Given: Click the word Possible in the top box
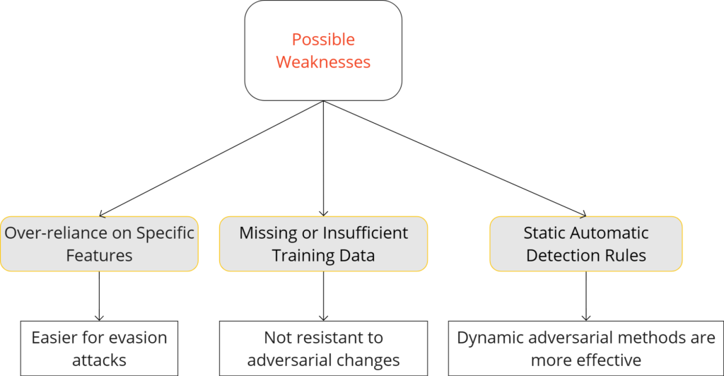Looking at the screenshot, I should (323, 40).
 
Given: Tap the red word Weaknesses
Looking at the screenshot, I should (323, 62).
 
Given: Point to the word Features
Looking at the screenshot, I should (99, 255).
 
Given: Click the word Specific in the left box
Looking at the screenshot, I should (165, 233).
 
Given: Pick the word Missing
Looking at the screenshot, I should (267, 233).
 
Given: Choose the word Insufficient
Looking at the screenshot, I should (365, 233).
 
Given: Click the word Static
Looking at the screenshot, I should (546, 233).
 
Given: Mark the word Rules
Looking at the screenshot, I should (624, 255).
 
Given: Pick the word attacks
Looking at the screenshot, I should (99, 360).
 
